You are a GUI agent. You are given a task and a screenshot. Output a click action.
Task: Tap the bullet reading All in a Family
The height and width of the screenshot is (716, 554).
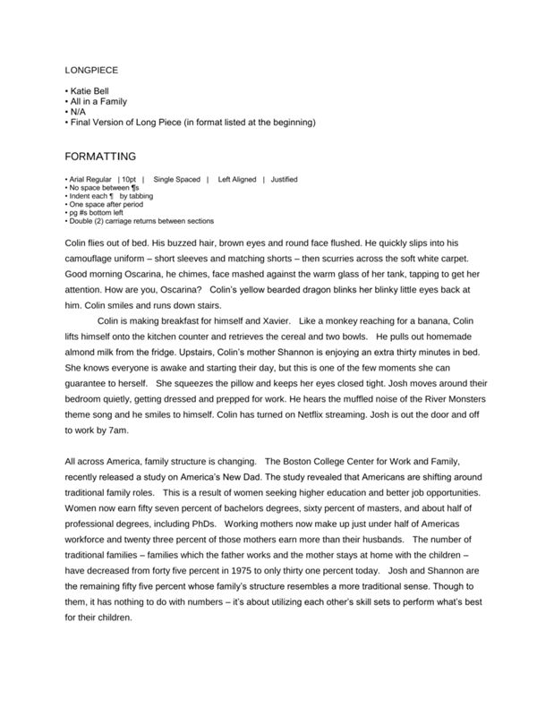pos(98,101)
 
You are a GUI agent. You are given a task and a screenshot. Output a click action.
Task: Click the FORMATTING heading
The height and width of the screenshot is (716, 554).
pos(101,155)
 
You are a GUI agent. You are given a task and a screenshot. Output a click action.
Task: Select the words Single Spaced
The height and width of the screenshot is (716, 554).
pos(176,180)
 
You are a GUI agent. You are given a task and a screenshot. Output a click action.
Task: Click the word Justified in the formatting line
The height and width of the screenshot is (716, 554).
pos(284,180)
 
